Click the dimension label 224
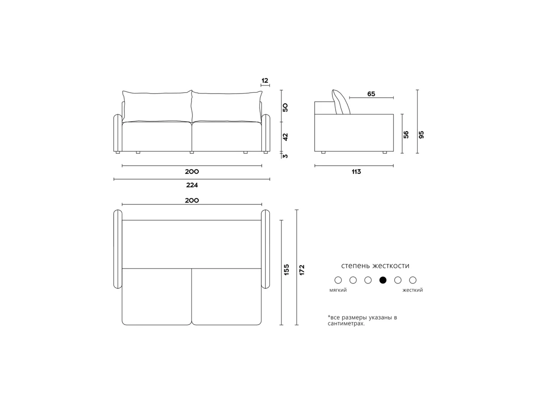[192, 185]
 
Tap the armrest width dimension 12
[265, 81]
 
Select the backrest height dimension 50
[285, 107]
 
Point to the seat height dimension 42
[285, 137]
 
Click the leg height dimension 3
[285, 156]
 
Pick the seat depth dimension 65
[371, 94]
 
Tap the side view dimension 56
[406, 135]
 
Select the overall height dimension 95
[421, 135]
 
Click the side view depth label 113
[356, 171]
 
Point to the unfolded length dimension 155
[286, 270]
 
